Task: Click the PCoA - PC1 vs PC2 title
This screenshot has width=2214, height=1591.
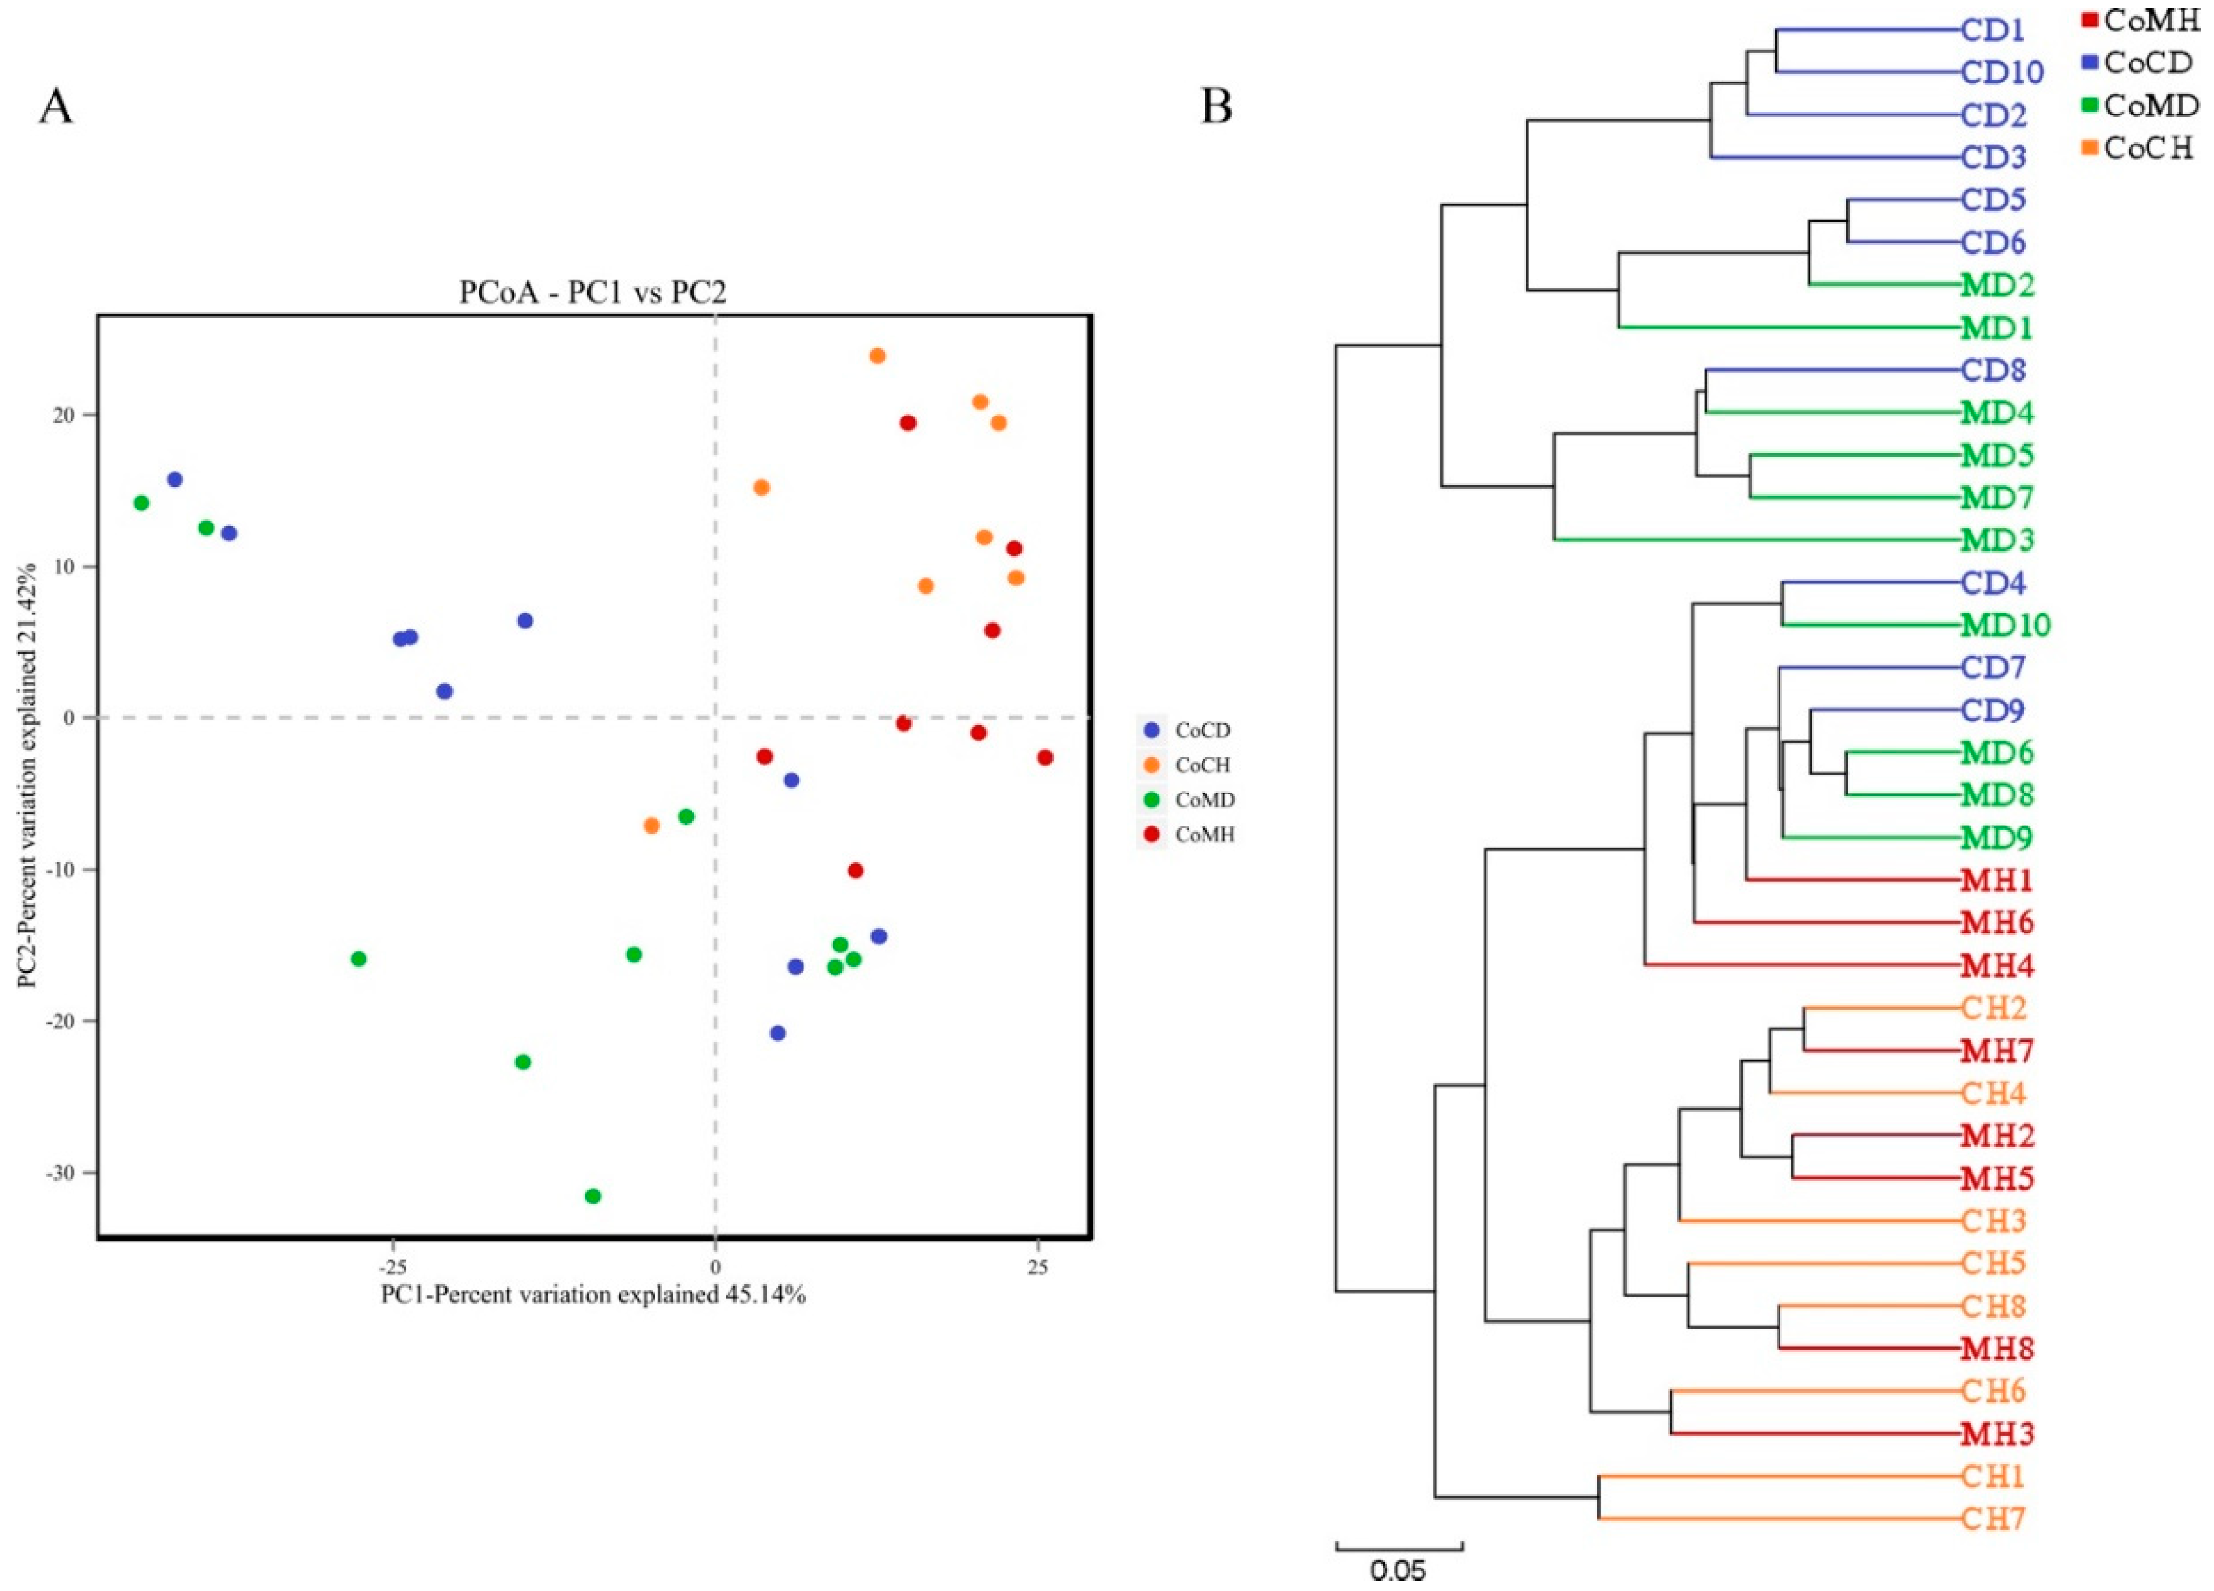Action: (593, 293)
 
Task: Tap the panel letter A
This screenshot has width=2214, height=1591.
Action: (55, 106)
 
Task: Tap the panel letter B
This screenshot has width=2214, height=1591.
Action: (1217, 106)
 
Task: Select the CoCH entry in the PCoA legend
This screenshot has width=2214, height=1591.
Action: (1203, 765)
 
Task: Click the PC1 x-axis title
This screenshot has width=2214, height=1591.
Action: (593, 1295)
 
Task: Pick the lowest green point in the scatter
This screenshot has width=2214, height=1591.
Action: (593, 1196)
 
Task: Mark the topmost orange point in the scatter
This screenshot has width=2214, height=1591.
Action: (877, 356)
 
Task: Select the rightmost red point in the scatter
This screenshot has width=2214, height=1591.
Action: (1044, 757)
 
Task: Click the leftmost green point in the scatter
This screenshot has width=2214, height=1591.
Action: (141, 503)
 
